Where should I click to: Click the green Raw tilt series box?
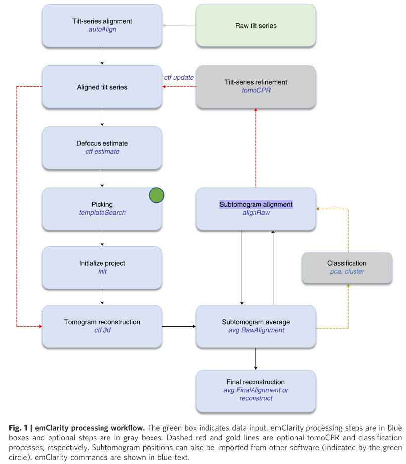pos(255,26)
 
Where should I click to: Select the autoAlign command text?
pos(102,30)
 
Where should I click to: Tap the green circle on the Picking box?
pos(156,196)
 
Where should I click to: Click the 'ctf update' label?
pos(179,78)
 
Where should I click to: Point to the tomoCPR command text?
pos(255,91)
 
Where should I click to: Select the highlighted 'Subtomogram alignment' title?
pos(256,204)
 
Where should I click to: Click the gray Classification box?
pos(347,268)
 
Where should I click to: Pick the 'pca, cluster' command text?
pos(347,272)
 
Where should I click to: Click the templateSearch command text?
pos(102,213)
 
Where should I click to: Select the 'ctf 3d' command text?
pos(102,330)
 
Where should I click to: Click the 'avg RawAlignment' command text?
pos(256,330)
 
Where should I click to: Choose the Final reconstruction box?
pos(256,390)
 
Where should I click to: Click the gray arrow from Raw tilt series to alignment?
pos(179,25)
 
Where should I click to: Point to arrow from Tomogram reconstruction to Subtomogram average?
pos(179,326)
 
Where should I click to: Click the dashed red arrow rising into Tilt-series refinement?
pos(256,149)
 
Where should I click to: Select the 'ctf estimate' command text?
pos(102,152)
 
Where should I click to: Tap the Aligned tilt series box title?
pos(102,87)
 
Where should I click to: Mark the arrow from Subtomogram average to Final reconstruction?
pos(256,358)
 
